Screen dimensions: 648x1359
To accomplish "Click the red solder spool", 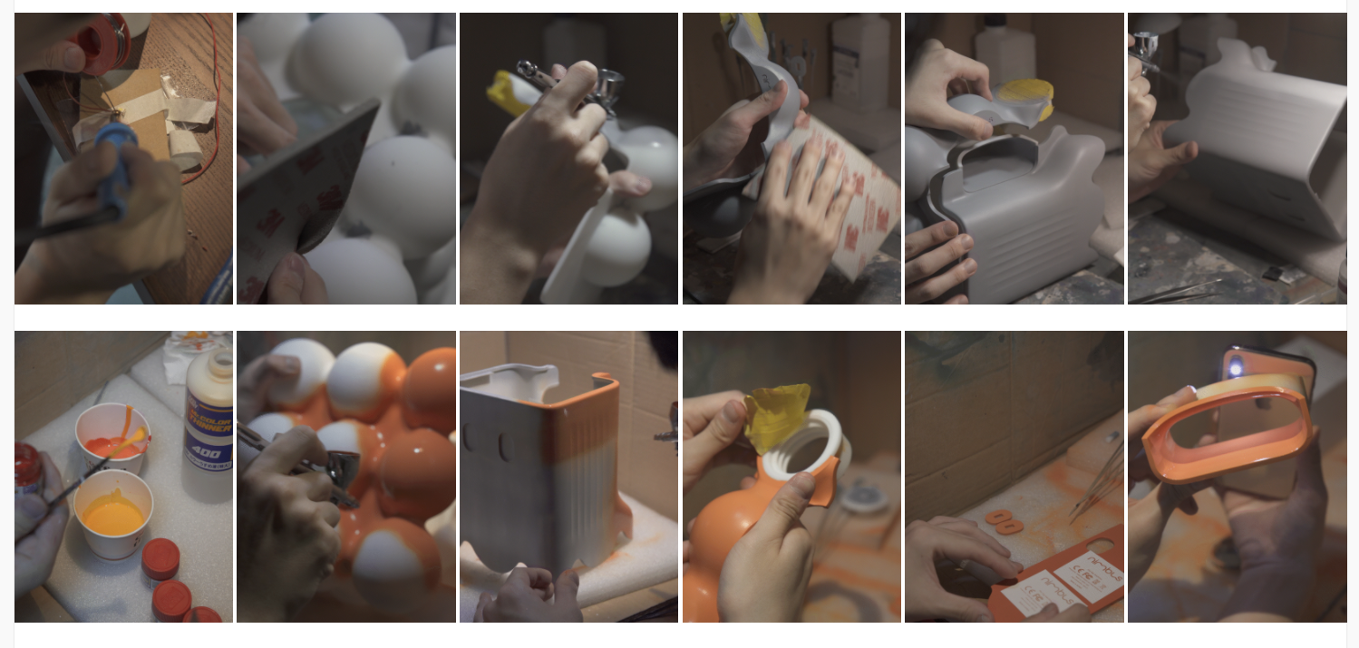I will [x=105, y=41].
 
